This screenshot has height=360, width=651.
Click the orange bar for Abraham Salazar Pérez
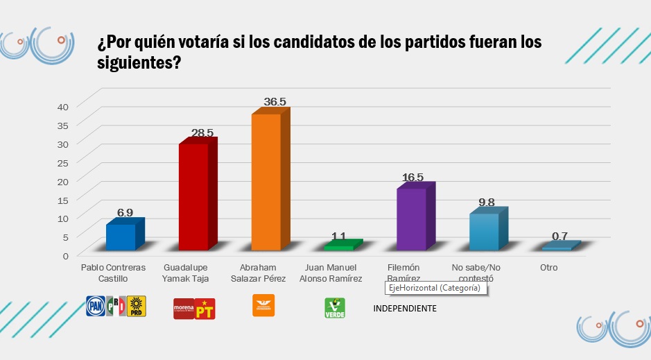266,182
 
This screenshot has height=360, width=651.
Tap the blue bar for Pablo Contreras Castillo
121,237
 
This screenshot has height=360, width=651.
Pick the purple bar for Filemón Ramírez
411,219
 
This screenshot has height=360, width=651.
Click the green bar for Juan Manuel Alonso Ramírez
338,248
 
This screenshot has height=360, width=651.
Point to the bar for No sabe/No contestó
483,232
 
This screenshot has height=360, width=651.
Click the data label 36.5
275,102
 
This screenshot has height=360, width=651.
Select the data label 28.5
202,132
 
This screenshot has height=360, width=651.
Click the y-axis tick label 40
62,106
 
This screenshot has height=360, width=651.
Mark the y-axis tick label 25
62,162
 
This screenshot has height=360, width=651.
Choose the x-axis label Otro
548,267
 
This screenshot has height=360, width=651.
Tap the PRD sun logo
137,306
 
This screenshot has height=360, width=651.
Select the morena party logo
183,309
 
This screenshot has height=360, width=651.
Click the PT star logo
206,309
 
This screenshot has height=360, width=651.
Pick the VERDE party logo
335,308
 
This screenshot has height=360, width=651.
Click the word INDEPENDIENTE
406,309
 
